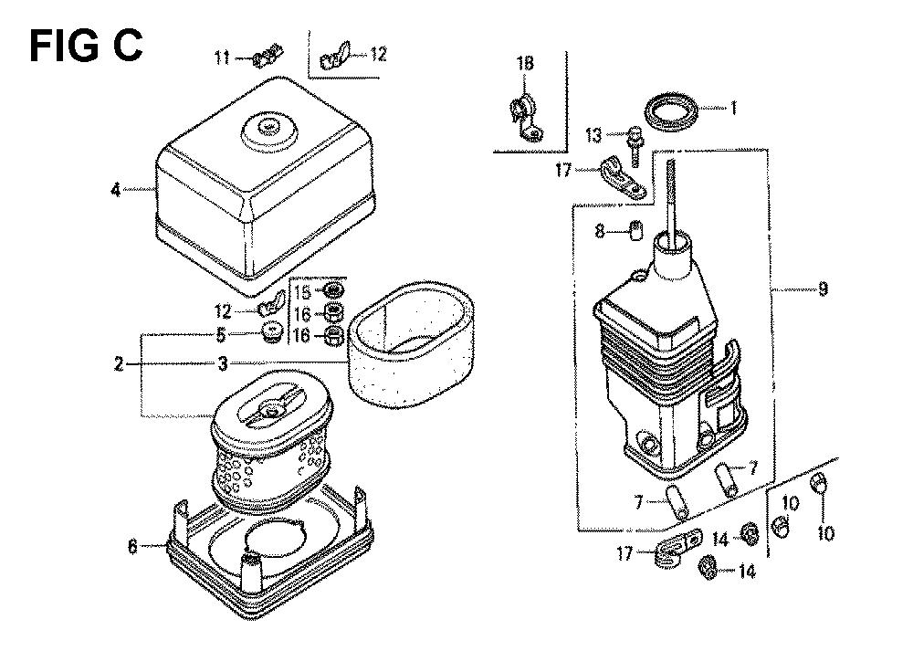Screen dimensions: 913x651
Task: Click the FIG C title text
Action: point(86,46)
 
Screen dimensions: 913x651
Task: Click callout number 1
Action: point(734,108)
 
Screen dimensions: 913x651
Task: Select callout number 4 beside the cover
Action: point(116,190)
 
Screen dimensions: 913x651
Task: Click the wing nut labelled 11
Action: point(268,56)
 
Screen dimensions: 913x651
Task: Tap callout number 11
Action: point(222,58)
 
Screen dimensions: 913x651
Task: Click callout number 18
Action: point(525,63)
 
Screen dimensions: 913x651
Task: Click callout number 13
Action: point(593,135)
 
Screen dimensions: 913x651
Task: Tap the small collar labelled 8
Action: point(636,229)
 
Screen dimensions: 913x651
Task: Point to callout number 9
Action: point(823,289)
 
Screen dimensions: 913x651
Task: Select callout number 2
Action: point(119,364)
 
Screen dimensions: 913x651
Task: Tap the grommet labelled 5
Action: point(271,332)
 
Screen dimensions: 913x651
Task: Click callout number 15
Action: point(303,292)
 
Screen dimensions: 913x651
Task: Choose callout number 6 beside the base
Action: point(132,547)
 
